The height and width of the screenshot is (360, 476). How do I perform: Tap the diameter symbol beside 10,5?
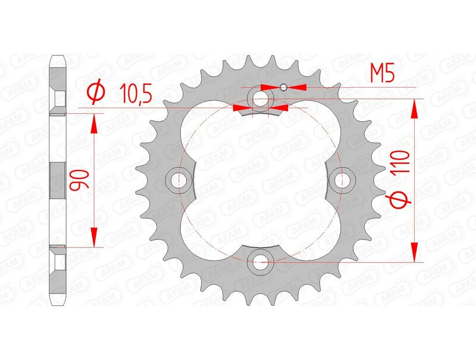coord(96,93)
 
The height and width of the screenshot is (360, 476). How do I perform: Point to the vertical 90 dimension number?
coord(78,179)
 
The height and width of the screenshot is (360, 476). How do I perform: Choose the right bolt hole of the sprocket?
coord(342,179)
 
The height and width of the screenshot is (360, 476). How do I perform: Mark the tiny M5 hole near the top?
coord(284,87)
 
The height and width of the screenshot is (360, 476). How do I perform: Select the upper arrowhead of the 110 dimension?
coord(415,108)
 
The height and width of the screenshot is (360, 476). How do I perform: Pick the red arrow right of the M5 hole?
coord(297,87)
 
